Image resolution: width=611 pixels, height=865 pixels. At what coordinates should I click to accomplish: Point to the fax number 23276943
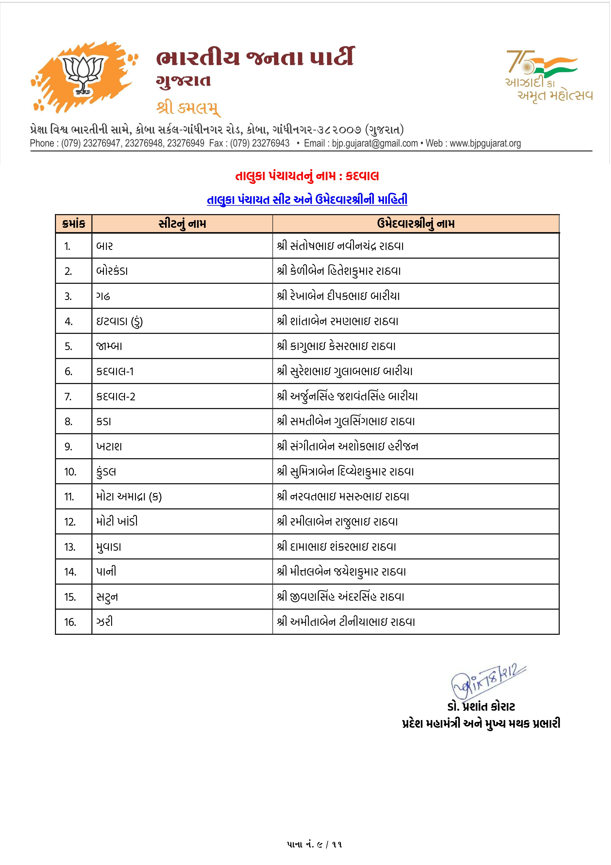click(x=271, y=143)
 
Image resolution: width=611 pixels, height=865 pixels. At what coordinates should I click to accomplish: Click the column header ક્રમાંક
click(x=74, y=224)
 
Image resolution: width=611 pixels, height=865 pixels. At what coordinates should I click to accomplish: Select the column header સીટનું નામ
click(x=182, y=224)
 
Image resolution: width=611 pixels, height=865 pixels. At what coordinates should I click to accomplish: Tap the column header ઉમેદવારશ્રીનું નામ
click(x=416, y=224)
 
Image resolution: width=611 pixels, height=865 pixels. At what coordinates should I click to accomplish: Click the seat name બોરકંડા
click(x=112, y=271)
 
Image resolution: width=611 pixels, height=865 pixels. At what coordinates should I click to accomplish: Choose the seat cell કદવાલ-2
click(x=116, y=396)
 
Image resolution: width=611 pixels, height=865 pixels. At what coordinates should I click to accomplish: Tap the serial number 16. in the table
click(x=70, y=622)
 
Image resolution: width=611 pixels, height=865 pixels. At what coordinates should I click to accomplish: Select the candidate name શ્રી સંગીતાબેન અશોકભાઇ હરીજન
click(x=347, y=446)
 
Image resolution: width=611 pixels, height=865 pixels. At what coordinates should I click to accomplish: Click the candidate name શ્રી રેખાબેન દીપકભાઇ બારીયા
click(x=338, y=296)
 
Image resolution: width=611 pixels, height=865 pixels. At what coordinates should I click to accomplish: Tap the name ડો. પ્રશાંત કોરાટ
click(x=481, y=707)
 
